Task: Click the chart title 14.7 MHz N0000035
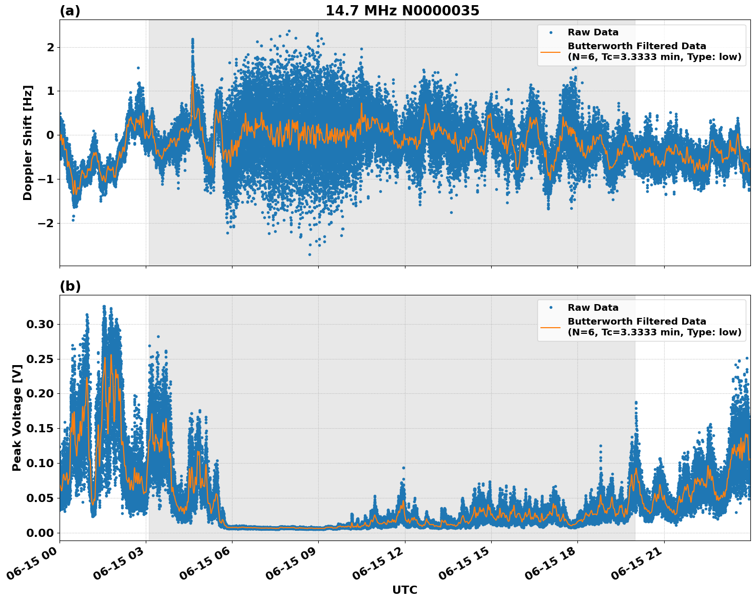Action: (x=402, y=11)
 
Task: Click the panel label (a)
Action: (x=70, y=11)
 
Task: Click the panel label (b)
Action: (x=70, y=286)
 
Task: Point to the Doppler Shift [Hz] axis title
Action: (x=28, y=143)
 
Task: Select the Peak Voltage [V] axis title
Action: (x=17, y=417)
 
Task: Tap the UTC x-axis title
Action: (x=404, y=590)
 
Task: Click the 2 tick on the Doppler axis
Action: (x=50, y=47)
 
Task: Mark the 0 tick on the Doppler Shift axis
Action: (x=50, y=135)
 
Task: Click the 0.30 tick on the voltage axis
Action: (x=40, y=324)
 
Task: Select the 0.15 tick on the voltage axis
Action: (x=40, y=429)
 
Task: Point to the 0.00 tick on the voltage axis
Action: (x=40, y=533)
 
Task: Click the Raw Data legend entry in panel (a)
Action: (x=593, y=32)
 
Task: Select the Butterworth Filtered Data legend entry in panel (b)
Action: (x=654, y=327)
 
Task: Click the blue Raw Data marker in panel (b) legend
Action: (x=550, y=308)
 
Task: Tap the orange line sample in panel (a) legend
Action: (x=550, y=51)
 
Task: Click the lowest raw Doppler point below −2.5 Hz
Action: (x=309, y=254)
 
